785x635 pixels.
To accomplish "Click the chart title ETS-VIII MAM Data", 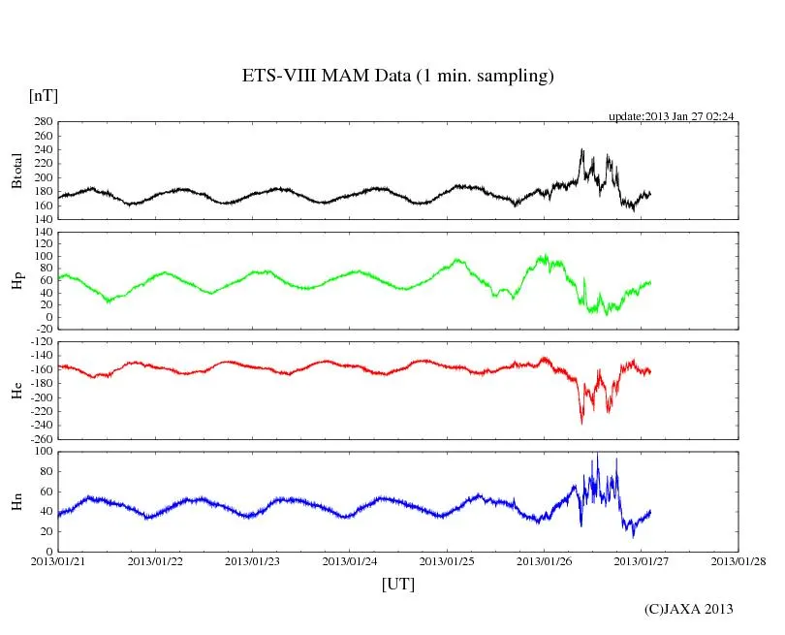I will click(397, 77).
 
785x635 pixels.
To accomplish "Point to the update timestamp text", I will click(671, 116).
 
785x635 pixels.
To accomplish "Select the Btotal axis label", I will click(16, 171).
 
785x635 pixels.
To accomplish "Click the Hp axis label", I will click(16, 281).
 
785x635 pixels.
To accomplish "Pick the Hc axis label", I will click(16, 390).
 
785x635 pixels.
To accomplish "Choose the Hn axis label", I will click(16, 501).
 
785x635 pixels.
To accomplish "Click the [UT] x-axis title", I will click(398, 584).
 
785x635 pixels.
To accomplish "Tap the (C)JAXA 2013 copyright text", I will click(689, 609).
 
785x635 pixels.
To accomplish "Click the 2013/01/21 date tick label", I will click(58, 560).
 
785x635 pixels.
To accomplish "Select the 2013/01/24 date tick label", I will click(350, 560).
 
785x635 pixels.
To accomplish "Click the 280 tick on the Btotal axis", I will click(42, 122).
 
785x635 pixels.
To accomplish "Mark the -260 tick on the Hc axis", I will click(40, 438).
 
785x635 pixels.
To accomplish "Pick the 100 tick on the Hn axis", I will click(42, 452).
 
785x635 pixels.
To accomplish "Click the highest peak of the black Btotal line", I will click(581, 149).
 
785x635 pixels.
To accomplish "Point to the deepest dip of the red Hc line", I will click(581, 423).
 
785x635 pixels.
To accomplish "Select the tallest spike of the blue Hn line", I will click(597, 454).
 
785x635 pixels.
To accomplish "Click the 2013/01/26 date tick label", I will click(544, 560).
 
